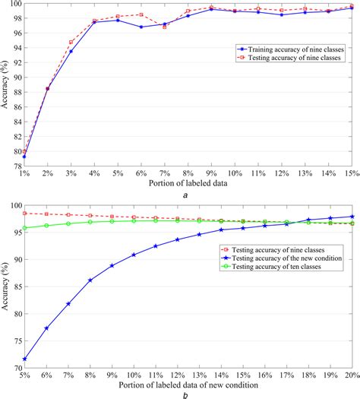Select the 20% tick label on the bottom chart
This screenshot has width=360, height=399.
pos(351,376)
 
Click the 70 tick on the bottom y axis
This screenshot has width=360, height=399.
pos(15,369)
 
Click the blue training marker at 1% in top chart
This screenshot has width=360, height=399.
pos(24,156)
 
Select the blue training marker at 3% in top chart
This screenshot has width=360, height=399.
pos(71,52)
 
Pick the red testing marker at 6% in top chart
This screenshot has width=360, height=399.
pos(141,14)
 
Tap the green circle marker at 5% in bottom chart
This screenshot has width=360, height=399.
pos(24,227)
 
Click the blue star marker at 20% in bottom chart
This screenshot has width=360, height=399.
pos(351,217)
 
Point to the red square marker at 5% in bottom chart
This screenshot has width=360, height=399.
pos(24,213)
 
